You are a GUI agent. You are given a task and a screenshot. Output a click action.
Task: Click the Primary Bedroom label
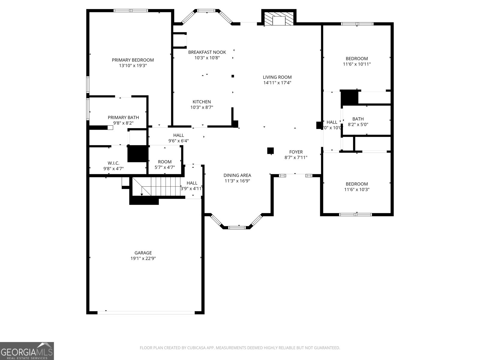click(133, 60)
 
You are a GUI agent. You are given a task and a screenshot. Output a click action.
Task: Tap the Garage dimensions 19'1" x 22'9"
click(143, 258)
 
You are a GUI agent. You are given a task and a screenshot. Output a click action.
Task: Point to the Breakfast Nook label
click(207, 52)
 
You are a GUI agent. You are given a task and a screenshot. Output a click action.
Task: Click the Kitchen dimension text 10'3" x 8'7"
click(202, 107)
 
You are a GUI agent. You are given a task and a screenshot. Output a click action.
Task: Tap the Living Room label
click(277, 77)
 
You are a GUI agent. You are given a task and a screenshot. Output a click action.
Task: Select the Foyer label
click(296, 152)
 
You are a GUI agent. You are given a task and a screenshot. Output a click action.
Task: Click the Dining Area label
click(237, 175)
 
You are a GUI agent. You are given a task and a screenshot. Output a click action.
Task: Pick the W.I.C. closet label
click(113, 163)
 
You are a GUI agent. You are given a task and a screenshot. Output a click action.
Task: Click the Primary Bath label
click(123, 117)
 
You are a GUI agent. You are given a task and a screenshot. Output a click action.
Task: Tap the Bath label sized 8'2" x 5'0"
click(358, 119)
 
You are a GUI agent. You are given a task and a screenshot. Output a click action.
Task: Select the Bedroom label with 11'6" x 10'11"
click(357, 58)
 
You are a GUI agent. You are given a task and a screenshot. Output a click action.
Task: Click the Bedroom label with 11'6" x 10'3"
click(357, 184)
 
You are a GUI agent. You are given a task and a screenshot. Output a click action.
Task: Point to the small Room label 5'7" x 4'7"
click(165, 162)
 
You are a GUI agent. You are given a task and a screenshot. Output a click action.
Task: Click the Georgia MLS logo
click(27, 351)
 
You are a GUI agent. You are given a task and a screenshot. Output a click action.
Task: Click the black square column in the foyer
click(270, 150)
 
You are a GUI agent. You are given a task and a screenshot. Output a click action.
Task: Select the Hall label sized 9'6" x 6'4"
click(178, 135)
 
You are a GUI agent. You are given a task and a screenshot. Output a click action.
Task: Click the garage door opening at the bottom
click(146, 312)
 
